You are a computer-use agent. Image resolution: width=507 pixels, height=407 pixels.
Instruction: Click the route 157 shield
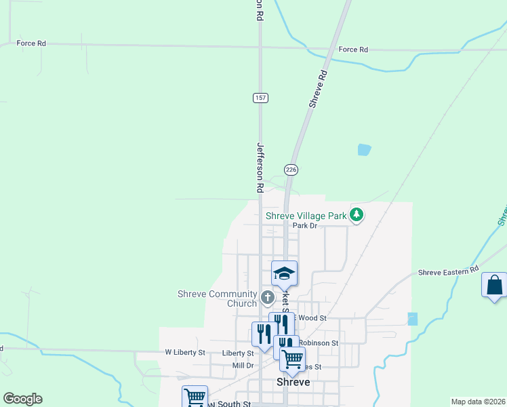261,98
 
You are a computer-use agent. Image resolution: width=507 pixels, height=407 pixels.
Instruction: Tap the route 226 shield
291,169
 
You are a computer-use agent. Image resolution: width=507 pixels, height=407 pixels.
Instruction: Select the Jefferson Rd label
260,165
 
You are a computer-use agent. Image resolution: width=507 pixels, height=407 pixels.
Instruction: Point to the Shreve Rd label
319,89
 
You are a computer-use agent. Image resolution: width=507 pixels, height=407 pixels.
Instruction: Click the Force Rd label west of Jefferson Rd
32,43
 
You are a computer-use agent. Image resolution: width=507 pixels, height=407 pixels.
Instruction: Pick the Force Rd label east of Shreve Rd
353,50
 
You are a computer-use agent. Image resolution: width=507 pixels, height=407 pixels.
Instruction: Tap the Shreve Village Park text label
306,216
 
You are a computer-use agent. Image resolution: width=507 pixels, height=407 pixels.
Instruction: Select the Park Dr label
305,226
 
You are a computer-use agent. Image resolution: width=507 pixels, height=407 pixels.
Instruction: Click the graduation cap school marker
284,273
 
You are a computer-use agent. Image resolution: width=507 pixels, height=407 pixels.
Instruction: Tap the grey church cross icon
267,296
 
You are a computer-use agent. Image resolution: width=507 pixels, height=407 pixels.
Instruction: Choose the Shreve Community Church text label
217,298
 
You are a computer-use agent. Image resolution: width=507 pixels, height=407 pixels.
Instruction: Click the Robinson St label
318,343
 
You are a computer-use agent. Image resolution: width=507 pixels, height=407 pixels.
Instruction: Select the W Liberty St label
185,353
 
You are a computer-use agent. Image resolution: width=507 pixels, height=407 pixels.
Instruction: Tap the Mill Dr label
242,365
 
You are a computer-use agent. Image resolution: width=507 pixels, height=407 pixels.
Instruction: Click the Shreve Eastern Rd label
449,272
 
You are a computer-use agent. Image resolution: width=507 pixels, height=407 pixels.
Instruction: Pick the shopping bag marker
494,284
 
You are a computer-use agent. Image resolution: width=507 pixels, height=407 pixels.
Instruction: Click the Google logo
22,399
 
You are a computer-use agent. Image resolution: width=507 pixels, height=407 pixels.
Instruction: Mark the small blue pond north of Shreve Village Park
364,149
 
